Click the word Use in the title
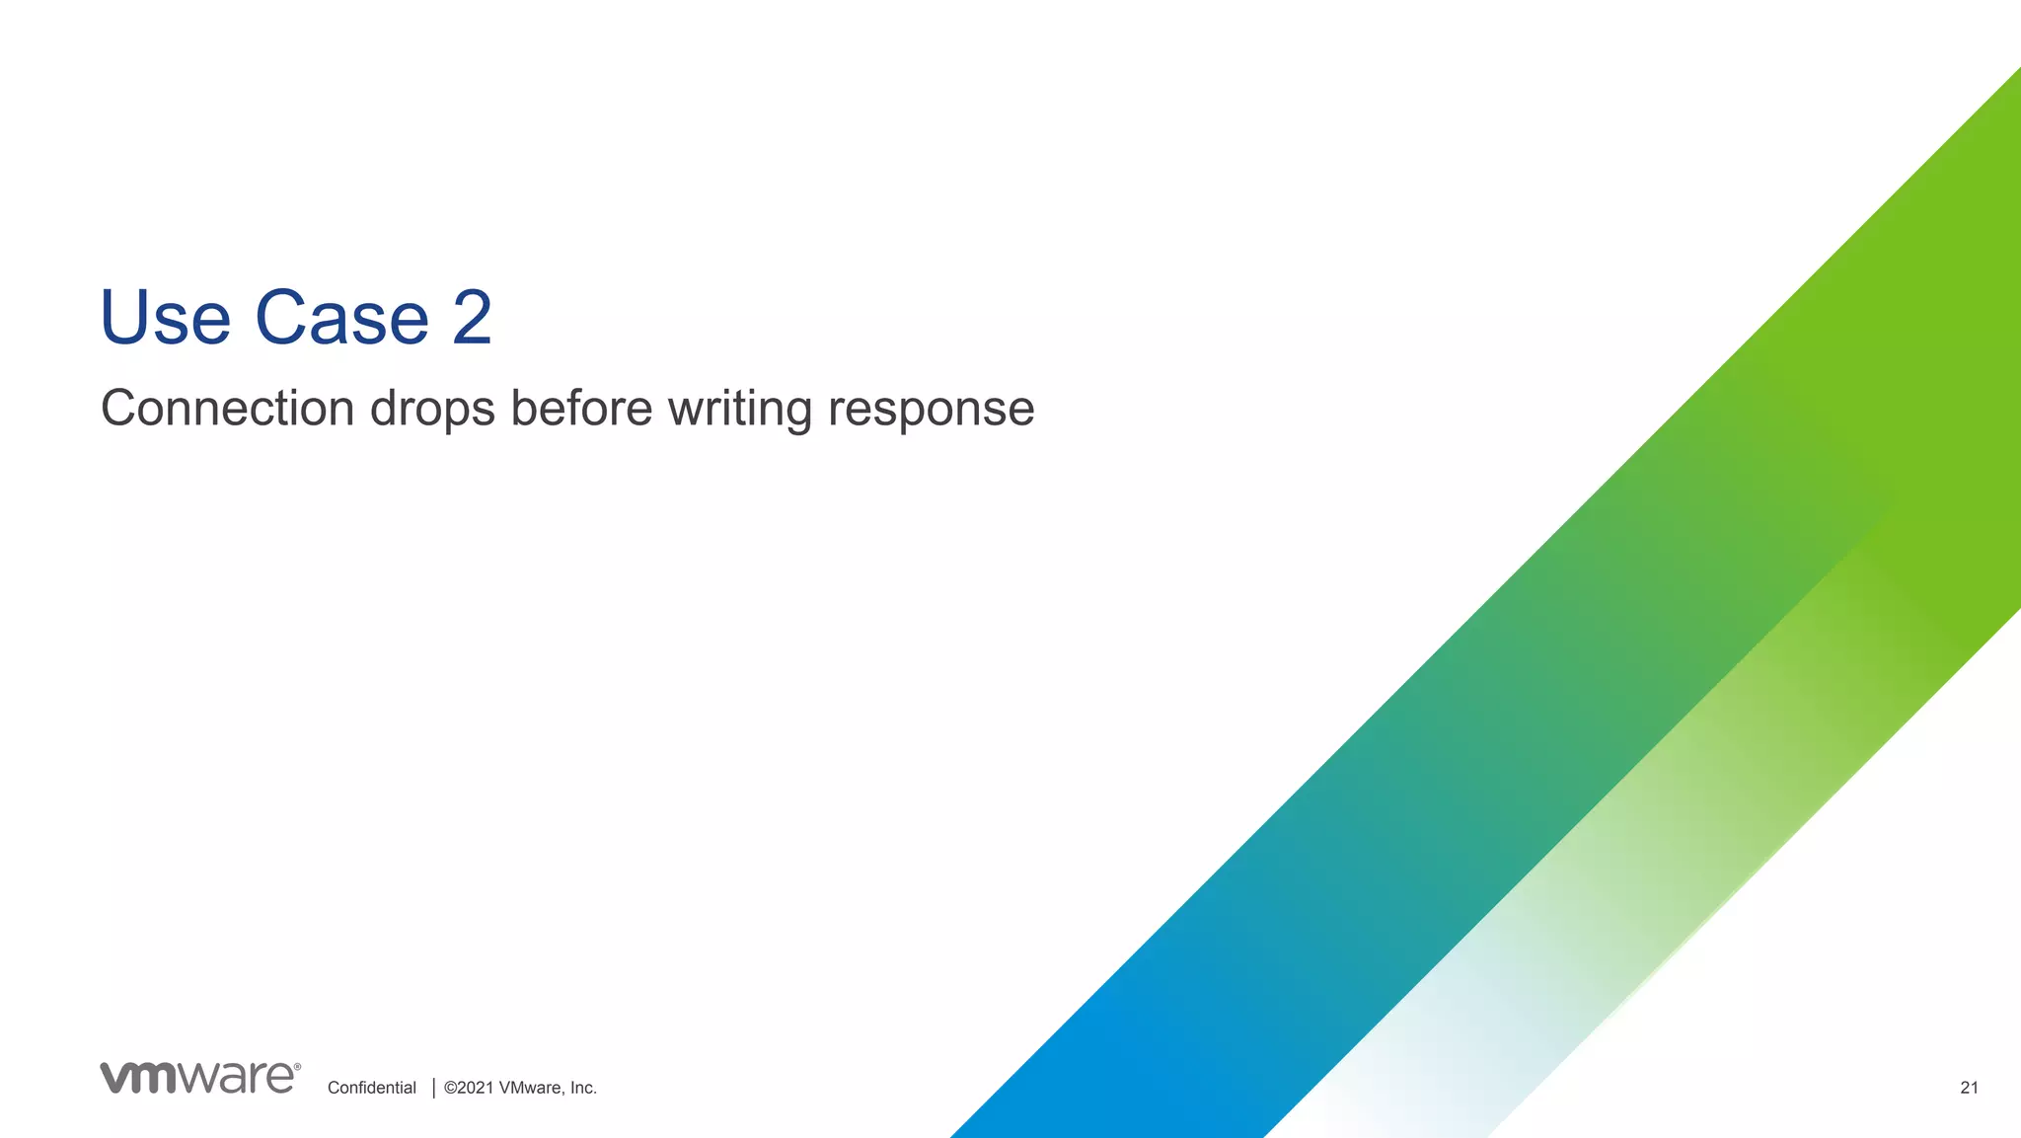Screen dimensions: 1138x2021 tap(165, 318)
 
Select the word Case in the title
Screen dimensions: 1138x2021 tap(341, 318)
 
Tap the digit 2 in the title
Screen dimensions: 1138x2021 tap(472, 318)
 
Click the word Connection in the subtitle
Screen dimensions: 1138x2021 tap(227, 409)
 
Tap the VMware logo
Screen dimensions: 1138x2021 tap(198, 1078)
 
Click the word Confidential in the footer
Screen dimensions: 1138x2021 tap(371, 1088)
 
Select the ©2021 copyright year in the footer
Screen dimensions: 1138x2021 tap(469, 1088)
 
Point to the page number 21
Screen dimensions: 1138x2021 tap(1969, 1088)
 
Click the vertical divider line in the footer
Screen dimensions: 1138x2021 tap(434, 1088)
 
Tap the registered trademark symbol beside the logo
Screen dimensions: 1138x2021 tap(298, 1067)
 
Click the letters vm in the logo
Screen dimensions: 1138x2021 tap(138, 1078)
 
